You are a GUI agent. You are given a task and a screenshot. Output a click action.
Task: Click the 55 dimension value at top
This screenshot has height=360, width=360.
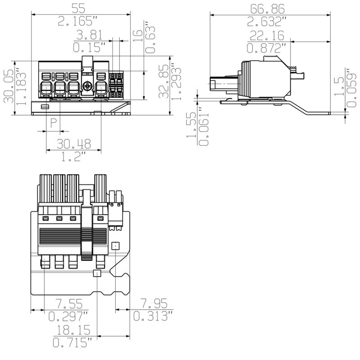[81, 8]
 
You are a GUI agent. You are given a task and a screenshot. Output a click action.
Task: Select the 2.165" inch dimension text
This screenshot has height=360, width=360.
[81, 21]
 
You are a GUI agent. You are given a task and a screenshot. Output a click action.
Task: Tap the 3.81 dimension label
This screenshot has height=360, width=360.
[90, 35]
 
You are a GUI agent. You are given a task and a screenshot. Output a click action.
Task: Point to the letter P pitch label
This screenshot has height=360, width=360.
[54, 122]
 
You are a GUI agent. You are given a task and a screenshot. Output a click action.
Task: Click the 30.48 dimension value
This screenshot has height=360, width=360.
[74, 144]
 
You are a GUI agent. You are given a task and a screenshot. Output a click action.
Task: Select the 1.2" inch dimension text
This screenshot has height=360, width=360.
[74, 157]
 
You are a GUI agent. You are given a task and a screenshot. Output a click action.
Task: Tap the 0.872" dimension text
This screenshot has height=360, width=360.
[269, 48]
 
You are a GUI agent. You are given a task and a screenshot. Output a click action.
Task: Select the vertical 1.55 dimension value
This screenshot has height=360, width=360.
[191, 125]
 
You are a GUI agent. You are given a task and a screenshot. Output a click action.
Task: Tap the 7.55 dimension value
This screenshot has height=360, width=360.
[68, 302]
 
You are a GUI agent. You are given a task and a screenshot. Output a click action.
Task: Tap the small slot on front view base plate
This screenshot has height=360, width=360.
[45, 107]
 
